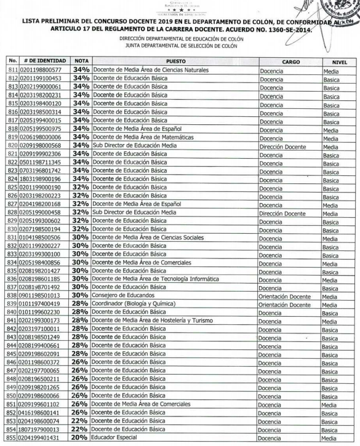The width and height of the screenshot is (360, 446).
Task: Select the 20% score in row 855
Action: click(x=81, y=437)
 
